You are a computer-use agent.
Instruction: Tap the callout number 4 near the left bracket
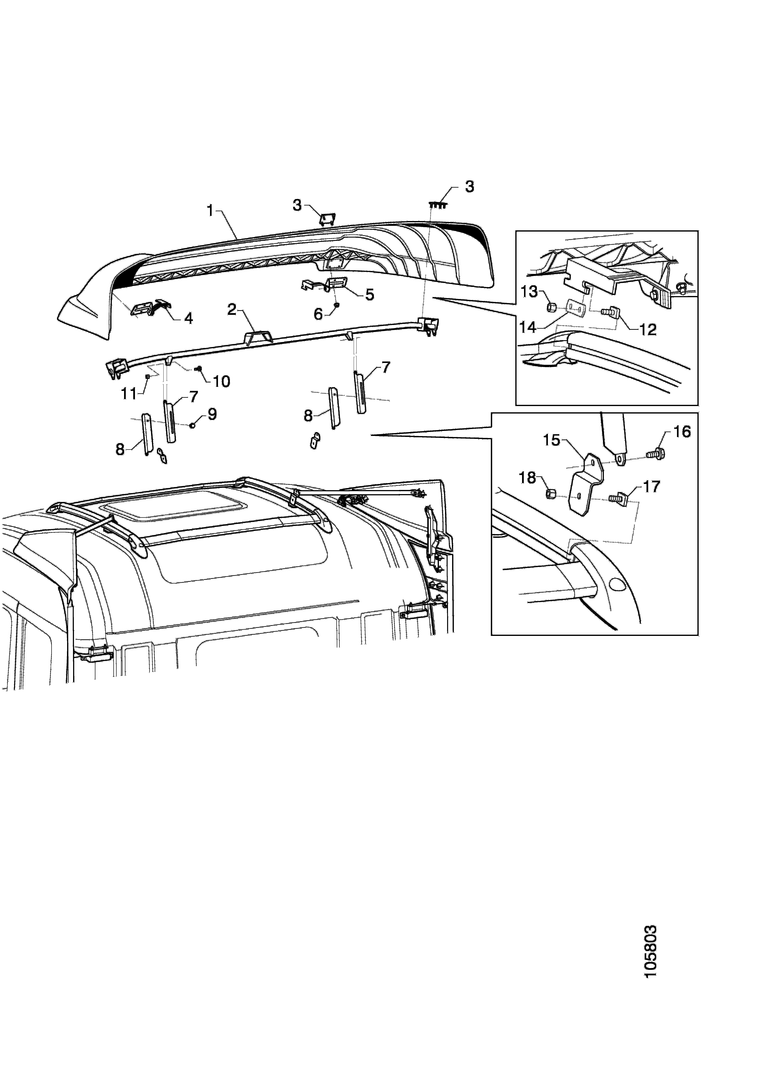188,319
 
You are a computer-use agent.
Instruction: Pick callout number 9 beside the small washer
212,414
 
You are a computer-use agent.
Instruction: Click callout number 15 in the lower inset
552,440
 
